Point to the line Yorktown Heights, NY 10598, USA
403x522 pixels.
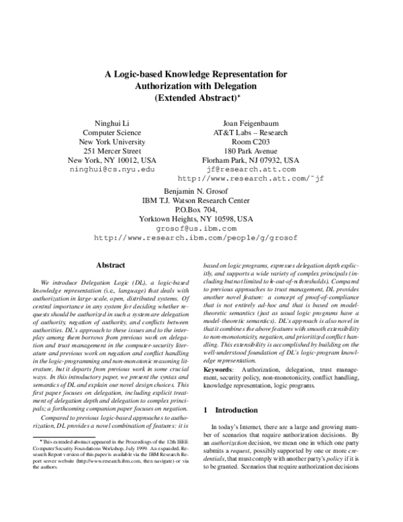coord(196,219)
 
